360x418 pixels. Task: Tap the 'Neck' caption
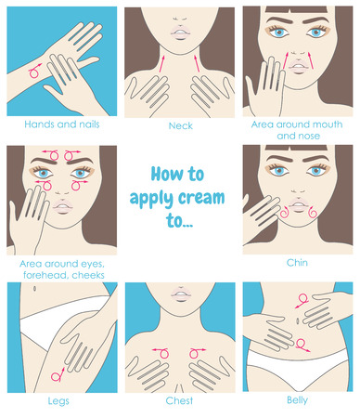tap(179, 124)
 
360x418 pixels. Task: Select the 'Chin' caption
tap(298, 263)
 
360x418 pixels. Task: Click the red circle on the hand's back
tap(35, 69)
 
